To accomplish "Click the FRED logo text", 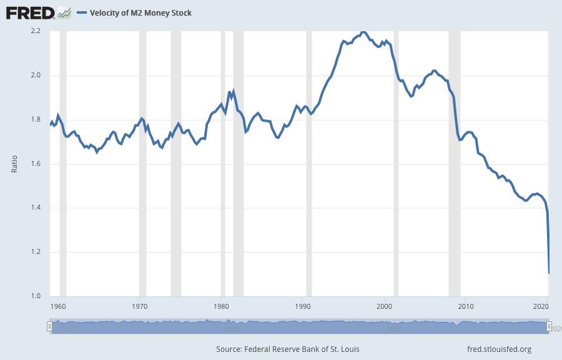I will pos(29,12).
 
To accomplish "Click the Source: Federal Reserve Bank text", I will pos(288,349).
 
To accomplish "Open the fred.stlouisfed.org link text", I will pos(499,349).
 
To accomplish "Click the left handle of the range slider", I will pos(49,326).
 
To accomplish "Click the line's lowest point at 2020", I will pos(549,273).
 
